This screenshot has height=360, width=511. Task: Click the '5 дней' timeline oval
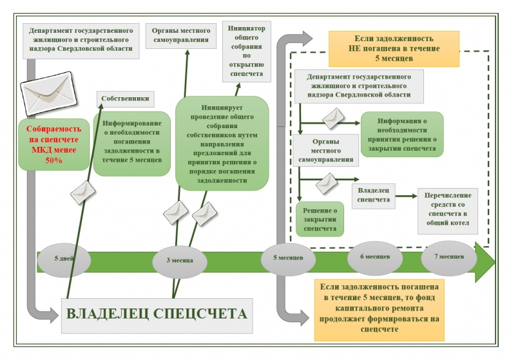(64, 260)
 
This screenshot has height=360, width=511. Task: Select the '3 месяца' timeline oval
(180, 261)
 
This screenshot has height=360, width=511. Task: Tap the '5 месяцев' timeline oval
(288, 259)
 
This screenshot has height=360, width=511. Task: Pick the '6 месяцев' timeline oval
(375, 258)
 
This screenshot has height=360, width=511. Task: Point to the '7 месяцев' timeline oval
(449, 258)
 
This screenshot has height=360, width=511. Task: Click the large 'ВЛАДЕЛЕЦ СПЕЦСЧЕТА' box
(157, 316)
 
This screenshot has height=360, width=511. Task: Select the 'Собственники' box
(126, 99)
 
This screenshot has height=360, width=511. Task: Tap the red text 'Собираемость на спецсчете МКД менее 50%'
(53, 145)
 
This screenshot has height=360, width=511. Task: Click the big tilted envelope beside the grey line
(48, 93)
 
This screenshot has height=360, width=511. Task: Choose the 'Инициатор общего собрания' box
(247, 51)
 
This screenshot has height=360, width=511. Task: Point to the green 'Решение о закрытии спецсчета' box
(320, 219)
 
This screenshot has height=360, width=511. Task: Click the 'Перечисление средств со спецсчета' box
(448, 211)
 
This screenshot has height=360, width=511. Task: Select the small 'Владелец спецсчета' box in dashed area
(374, 196)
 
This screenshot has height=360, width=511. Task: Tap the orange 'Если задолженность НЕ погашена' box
(394, 49)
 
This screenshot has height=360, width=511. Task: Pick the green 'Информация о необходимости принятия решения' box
(402, 135)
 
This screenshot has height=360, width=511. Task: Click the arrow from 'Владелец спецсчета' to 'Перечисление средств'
(407, 196)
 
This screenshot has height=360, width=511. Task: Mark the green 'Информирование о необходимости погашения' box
(131, 144)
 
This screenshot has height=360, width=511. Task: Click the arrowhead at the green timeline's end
(485, 262)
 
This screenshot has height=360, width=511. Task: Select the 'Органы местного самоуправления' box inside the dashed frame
(325, 151)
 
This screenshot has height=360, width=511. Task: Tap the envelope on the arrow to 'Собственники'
(82, 192)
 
